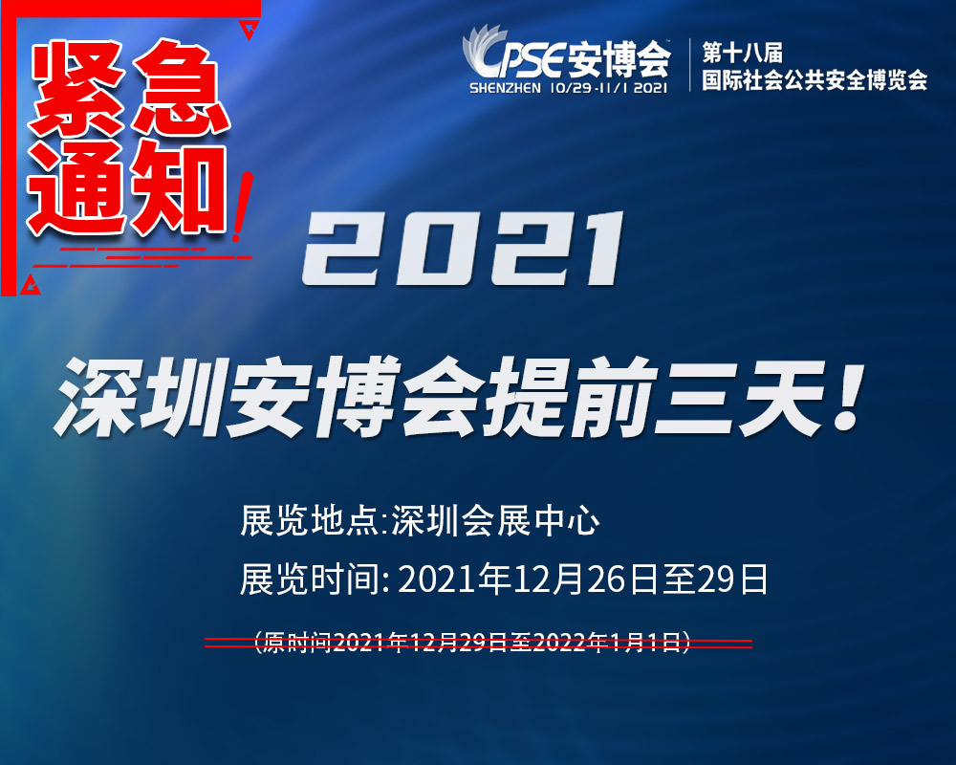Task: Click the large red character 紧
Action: click(x=77, y=88)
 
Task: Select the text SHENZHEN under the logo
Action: click(x=505, y=88)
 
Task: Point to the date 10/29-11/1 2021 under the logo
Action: click(x=608, y=88)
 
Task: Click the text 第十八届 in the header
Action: click(x=742, y=53)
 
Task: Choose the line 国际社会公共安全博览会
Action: click(x=814, y=80)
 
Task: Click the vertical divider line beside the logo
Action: click(x=689, y=65)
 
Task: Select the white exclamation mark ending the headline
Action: click(x=849, y=398)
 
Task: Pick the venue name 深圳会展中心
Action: click(x=495, y=521)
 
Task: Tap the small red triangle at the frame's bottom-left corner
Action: click(x=30, y=286)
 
